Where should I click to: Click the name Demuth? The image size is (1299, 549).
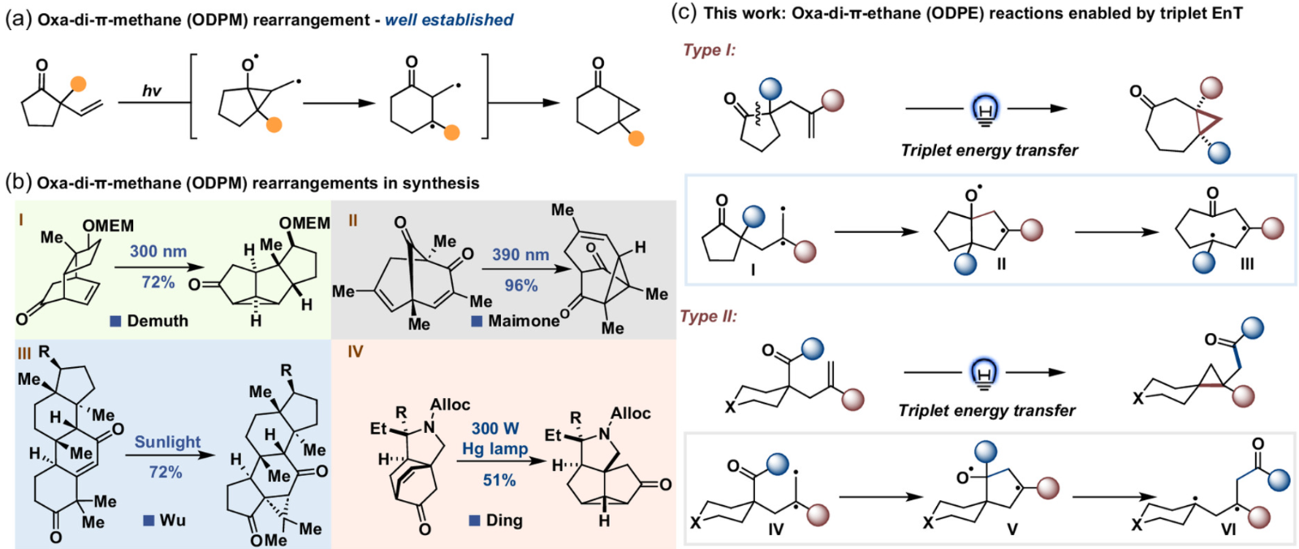(x=158, y=321)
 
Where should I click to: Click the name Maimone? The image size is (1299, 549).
(x=524, y=321)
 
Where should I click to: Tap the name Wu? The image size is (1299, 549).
(x=172, y=520)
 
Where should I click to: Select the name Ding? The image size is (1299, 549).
(x=504, y=520)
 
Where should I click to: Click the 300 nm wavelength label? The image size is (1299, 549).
(x=158, y=251)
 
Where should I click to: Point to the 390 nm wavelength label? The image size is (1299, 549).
(x=520, y=254)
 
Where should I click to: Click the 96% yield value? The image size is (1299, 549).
(x=520, y=285)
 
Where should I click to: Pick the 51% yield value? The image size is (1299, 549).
(x=499, y=480)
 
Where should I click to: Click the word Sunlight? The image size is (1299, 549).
(x=167, y=442)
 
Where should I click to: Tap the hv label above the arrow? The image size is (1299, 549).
(x=152, y=90)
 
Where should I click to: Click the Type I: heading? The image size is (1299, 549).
(x=709, y=50)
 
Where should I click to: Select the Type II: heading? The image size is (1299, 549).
(x=710, y=316)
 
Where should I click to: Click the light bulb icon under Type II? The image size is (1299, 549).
(x=983, y=374)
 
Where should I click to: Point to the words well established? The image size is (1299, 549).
(x=449, y=19)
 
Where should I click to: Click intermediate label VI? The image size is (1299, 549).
(x=1228, y=529)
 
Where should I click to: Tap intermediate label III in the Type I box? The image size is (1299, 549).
(x=1247, y=263)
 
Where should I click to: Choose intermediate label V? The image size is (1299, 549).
(x=1012, y=529)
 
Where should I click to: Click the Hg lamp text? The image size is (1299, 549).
(x=495, y=448)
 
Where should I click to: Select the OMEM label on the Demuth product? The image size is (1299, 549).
(x=304, y=223)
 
